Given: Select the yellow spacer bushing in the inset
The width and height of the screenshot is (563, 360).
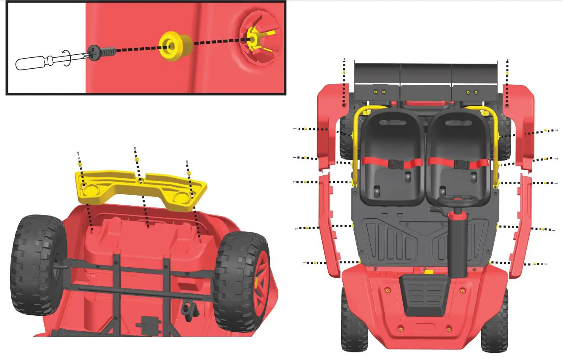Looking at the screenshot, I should click(174, 46).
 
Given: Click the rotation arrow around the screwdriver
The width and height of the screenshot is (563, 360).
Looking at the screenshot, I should click(67, 57).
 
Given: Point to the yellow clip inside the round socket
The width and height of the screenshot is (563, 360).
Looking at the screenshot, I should click(253, 39).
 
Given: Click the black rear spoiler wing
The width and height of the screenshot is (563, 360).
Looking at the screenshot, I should click(426, 74).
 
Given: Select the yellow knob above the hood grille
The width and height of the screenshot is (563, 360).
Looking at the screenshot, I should click(429, 272).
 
